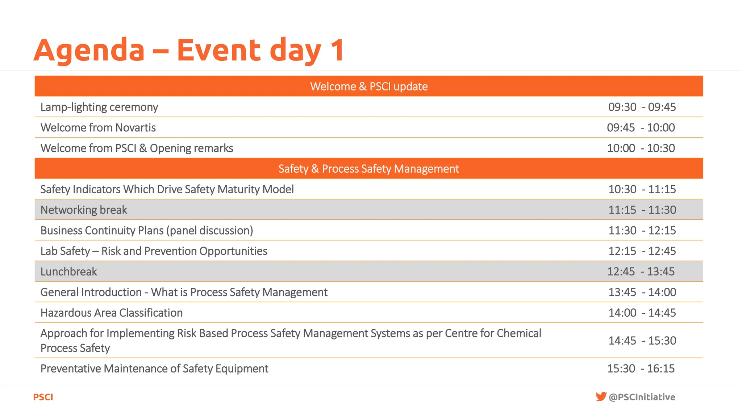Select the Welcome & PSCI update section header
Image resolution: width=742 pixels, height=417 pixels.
click(369, 86)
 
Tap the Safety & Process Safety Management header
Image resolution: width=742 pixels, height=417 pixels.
click(369, 169)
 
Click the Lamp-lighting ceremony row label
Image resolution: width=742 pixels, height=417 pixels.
click(99, 107)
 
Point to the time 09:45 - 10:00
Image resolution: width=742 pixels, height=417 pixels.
click(641, 127)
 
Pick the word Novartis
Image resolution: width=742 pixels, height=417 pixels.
click(135, 127)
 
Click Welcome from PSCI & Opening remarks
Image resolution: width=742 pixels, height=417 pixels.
click(137, 148)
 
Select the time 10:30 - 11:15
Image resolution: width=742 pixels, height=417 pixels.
click(642, 189)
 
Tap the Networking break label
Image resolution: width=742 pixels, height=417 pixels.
click(84, 210)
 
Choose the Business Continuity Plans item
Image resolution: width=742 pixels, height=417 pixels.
click(147, 231)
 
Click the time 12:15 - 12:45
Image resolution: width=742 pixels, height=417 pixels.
click(642, 251)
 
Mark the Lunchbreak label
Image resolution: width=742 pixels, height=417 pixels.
click(68, 271)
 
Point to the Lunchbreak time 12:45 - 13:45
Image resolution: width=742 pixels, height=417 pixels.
click(641, 271)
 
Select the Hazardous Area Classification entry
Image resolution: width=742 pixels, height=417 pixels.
click(111, 313)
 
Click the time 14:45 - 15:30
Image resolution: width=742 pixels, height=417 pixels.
click(642, 341)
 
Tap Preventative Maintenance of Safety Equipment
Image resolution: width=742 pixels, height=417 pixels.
click(154, 368)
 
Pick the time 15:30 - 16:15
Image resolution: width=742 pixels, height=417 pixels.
click(641, 368)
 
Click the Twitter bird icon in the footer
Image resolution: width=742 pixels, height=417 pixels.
click(601, 396)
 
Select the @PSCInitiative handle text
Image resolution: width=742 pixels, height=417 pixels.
click(642, 397)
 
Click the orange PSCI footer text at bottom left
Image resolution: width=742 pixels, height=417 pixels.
click(43, 397)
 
